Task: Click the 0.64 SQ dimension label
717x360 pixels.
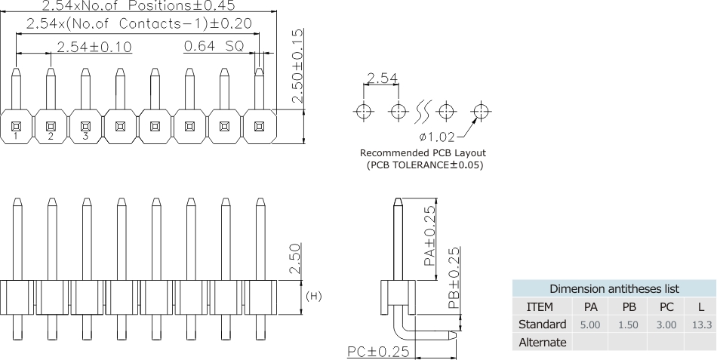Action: pyautogui.click(x=214, y=46)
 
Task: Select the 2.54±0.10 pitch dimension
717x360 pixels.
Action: pyautogui.click(x=94, y=47)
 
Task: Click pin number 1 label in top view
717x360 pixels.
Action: pyautogui.click(x=15, y=137)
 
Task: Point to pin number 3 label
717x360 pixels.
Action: pyautogui.click(x=85, y=137)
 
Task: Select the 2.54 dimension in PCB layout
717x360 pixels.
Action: pyautogui.click(x=381, y=79)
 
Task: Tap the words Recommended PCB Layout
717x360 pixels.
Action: pyautogui.click(x=423, y=152)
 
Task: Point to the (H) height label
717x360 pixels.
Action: pyautogui.click(x=312, y=295)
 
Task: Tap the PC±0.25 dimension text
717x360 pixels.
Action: pyautogui.click(x=377, y=351)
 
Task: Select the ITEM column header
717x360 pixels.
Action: pyautogui.click(x=540, y=306)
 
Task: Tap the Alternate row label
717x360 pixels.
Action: pyautogui.click(x=540, y=342)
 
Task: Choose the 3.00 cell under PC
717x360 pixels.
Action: pyautogui.click(x=666, y=325)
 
